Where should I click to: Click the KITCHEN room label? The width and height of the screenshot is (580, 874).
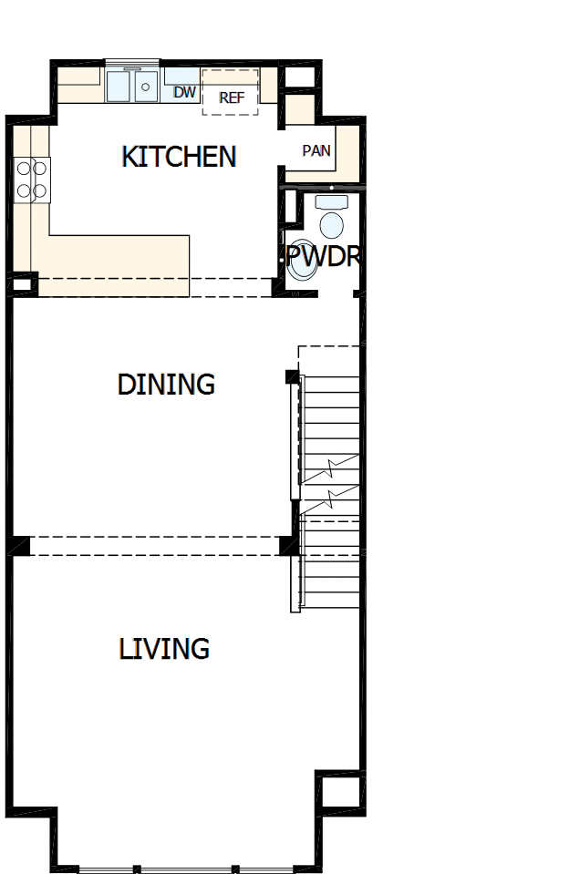tap(179, 157)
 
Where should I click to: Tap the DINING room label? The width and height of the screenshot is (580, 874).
tap(166, 385)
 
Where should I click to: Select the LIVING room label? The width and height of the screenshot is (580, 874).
tap(164, 649)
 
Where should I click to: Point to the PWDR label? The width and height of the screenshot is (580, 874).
tap(323, 256)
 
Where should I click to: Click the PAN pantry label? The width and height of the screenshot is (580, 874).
tap(316, 151)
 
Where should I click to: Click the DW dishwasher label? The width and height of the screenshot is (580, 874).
tap(185, 92)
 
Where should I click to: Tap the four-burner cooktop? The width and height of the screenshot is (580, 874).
tap(32, 179)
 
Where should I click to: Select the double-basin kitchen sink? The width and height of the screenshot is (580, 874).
tap(133, 87)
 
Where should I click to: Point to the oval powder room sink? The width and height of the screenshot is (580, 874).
tap(331, 224)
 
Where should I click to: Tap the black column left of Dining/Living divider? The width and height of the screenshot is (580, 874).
tap(20, 546)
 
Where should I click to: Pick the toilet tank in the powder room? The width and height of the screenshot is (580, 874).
tap(331, 201)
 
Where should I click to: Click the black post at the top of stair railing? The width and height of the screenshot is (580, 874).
tap(292, 376)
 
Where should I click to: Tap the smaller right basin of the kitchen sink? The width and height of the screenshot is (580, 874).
tap(147, 87)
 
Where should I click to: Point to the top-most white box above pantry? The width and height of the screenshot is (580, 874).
tap(298, 77)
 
